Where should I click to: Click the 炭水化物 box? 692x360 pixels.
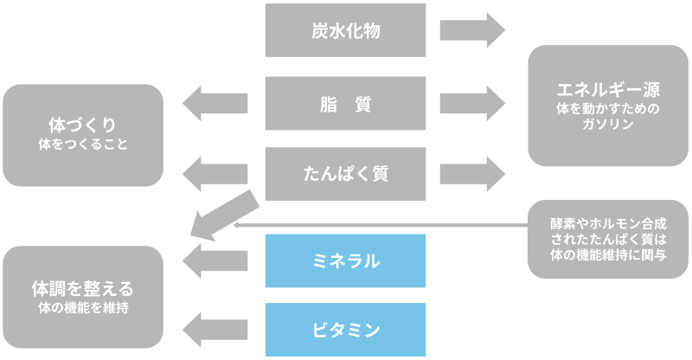(x=345, y=30)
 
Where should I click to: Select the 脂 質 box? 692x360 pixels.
(x=345, y=103)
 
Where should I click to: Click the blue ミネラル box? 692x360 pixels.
(x=345, y=260)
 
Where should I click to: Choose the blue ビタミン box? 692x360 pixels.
(x=345, y=330)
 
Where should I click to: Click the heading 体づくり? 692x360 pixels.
(x=83, y=125)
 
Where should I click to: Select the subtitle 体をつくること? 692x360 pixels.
(x=83, y=145)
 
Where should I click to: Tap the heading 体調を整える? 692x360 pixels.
(x=83, y=287)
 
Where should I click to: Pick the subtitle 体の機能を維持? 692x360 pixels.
(x=83, y=307)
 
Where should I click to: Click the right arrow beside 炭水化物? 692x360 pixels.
(x=472, y=30)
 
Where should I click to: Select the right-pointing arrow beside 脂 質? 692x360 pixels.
(x=472, y=103)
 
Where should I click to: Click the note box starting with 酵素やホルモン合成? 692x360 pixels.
(x=608, y=239)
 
